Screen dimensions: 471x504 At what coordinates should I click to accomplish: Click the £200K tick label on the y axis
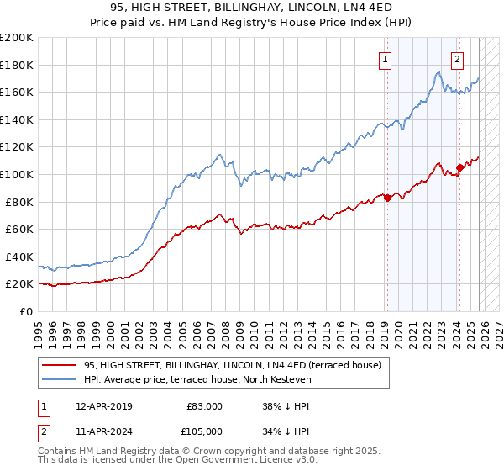click(17, 38)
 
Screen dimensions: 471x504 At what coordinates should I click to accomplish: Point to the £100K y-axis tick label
click(17, 175)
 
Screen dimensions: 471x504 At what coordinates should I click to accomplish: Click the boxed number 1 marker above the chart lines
click(385, 59)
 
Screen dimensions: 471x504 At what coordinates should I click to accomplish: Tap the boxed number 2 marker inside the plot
click(457, 59)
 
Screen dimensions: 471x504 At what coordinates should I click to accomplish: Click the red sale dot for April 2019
click(387, 198)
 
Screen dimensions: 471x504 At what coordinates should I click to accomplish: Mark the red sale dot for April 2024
click(459, 167)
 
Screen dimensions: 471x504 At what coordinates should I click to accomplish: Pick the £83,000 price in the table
click(205, 406)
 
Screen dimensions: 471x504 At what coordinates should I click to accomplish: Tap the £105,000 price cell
click(202, 431)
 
